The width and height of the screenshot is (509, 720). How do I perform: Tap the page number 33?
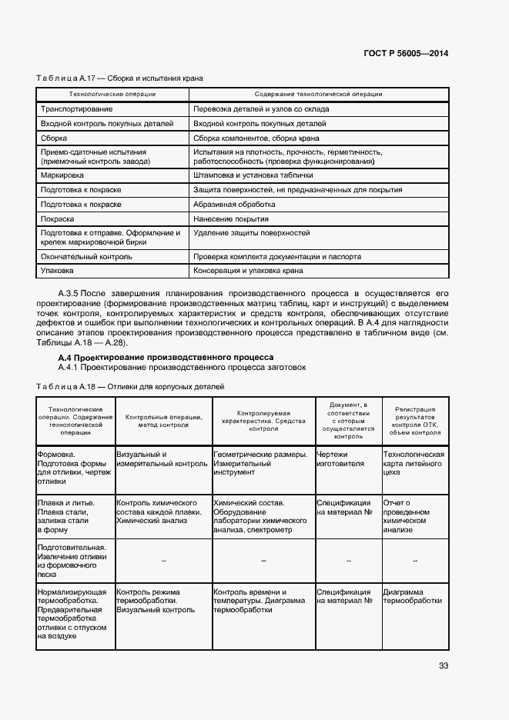tap(443, 665)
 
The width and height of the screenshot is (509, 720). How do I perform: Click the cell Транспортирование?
tap(71, 109)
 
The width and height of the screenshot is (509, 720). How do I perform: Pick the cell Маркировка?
tap(62, 175)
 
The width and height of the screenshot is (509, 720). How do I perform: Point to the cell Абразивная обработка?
tap(234, 205)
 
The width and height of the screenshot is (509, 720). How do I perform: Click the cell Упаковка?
tap(57, 271)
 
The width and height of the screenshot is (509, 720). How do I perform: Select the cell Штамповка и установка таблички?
tap(253, 175)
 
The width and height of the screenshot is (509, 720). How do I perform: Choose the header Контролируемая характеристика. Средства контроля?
tap(263, 419)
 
